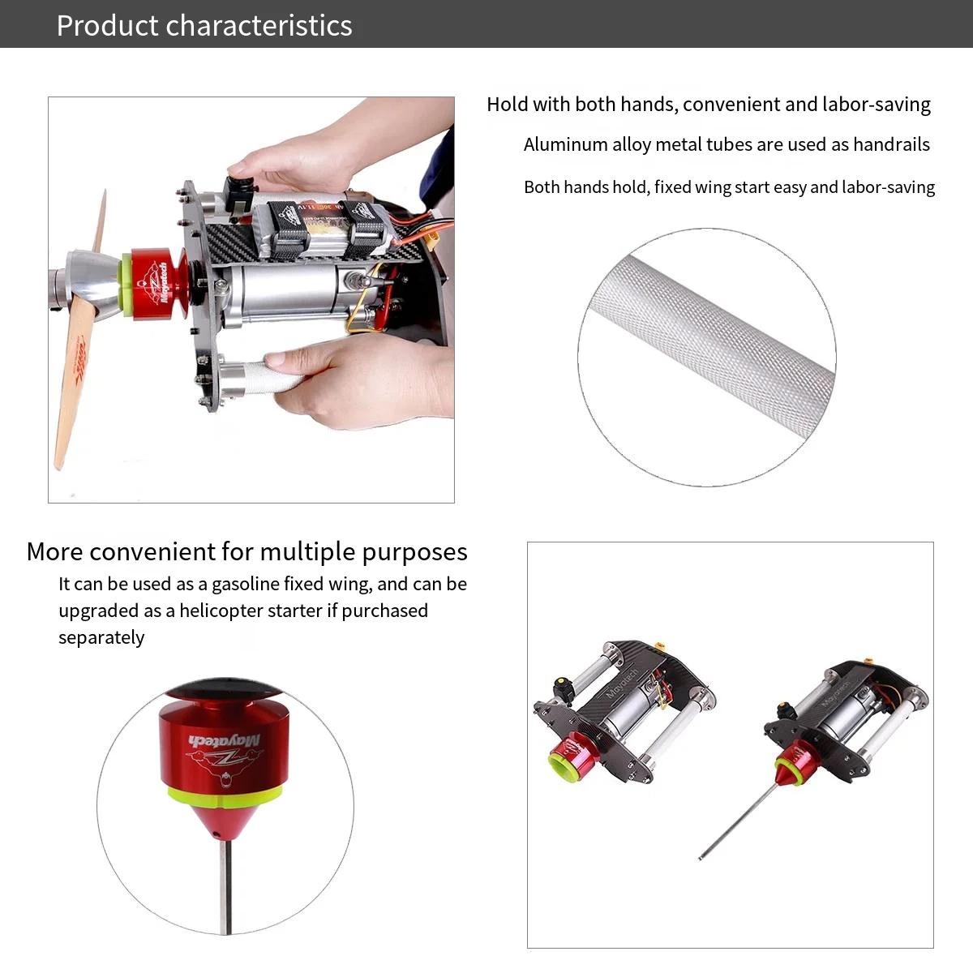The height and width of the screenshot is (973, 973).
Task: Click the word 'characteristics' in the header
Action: point(259,25)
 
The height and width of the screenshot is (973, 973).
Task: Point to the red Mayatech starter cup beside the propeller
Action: point(156,284)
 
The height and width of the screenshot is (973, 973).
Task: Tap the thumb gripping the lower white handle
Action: point(287,362)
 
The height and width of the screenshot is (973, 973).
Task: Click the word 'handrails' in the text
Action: point(891,144)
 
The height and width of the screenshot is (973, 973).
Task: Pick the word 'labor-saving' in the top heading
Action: point(876,105)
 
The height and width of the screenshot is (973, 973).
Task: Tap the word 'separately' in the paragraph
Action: point(101,638)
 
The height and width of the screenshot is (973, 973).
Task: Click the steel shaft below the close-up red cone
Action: point(225,889)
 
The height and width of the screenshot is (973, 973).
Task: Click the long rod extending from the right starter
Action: point(737,821)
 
